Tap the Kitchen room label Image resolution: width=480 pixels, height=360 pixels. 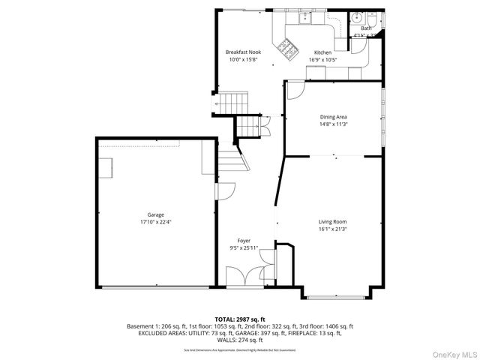pos(322,52)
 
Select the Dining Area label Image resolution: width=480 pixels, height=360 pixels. pos(333,117)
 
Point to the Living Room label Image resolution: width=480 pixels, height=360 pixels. pos(332,222)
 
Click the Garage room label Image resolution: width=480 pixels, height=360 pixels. pos(155,214)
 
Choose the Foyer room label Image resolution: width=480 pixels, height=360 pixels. pos(244,241)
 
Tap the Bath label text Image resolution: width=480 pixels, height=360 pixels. pos(366,28)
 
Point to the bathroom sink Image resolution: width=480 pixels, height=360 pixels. pos(357,17)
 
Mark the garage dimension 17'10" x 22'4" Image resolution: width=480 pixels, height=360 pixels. pos(155,222)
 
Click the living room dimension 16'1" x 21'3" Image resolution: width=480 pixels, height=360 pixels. pos(332,229)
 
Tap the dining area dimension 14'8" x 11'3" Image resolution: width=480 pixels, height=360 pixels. pos(333,124)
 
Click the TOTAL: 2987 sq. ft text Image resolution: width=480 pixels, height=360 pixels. pos(240,319)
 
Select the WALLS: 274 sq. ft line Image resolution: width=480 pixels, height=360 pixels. pos(240,340)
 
